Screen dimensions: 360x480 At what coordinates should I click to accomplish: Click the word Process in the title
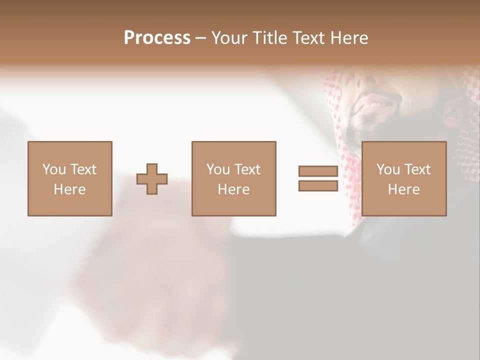[x=157, y=38]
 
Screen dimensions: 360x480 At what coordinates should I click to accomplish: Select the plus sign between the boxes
[x=152, y=179]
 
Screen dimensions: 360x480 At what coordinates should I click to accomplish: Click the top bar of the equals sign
[x=318, y=171]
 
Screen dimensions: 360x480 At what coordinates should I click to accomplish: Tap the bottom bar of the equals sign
[x=318, y=186]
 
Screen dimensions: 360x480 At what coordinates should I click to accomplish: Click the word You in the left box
[x=54, y=169]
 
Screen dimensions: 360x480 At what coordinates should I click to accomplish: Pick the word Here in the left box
[x=69, y=189]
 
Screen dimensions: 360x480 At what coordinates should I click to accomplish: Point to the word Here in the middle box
[x=233, y=189]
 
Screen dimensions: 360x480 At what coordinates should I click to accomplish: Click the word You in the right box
[x=388, y=169]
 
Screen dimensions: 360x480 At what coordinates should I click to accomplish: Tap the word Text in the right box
[x=417, y=169]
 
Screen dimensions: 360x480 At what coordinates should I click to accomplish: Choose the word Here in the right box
[x=403, y=189]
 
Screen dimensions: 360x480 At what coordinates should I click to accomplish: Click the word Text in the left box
[x=83, y=169]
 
